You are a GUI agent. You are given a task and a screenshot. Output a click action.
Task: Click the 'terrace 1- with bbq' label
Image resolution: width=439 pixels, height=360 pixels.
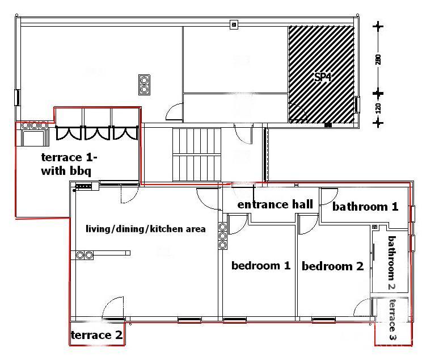click(x=69, y=164)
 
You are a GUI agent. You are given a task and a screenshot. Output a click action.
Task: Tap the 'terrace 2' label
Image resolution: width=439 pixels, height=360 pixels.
click(x=96, y=335)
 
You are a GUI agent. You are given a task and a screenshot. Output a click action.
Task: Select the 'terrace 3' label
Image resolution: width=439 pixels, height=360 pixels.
click(x=393, y=319)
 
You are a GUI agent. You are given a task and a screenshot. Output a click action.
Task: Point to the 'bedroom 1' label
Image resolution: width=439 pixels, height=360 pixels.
click(x=261, y=265)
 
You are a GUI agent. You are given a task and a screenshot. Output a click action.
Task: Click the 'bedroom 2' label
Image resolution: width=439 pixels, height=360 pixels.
click(x=332, y=266)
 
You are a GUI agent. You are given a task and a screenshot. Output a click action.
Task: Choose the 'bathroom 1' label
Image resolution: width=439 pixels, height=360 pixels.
click(x=365, y=207)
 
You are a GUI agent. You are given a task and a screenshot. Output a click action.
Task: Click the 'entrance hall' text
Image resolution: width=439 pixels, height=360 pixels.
click(x=275, y=204)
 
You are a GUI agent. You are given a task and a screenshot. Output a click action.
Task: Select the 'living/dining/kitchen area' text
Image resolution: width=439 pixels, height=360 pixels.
click(x=146, y=229)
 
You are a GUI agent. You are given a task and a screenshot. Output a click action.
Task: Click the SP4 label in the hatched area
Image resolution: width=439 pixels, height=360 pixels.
click(x=323, y=77)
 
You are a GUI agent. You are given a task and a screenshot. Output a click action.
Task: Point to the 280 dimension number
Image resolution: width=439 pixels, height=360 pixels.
click(x=378, y=60)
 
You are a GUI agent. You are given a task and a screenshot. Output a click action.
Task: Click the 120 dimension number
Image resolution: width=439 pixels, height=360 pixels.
click(x=378, y=108)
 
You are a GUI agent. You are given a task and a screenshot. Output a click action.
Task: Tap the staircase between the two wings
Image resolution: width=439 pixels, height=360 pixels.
click(x=197, y=154)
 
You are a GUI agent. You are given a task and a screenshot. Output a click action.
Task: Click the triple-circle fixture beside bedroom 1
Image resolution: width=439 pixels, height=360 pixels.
click(x=222, y=236)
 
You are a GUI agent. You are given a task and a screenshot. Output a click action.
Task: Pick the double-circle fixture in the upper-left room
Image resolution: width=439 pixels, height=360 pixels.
click(x=144, y=85)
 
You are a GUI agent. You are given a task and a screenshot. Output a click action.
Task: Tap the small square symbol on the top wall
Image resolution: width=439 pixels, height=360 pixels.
click(x=234, y=24)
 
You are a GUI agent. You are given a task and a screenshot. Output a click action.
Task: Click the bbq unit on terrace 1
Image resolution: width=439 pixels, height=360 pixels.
click(x=33, y=134)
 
